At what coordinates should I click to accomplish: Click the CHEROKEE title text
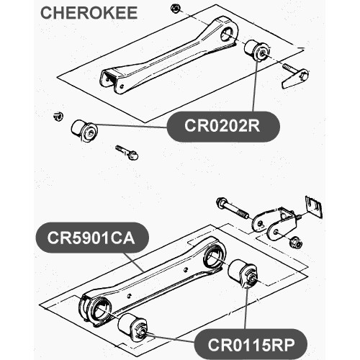pyautogui.click(x=89, y=13)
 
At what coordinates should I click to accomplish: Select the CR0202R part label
pyautogui.click(x=223, y=126)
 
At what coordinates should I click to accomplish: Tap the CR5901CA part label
pyautogui.click(x=92, y=238)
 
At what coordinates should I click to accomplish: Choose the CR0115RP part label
pyautogui.click(x=251, y=344)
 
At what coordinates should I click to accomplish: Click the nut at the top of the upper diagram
pyautogui.click(x=176, y=9)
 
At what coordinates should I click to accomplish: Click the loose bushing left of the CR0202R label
pyautogui.click(x=84, y=130)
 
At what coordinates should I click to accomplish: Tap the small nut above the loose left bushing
pyautogui.click(x=58, y=116)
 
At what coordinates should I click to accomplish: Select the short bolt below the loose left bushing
pyautogui.click(x=127, y=152)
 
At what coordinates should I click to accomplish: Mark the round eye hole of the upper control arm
pyautogui.click(x=228, y=35)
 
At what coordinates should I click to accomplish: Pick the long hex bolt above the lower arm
pyautogui.click(x=232, y=208)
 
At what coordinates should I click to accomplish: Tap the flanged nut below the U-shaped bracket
pyautogui.click(x=295, y=243)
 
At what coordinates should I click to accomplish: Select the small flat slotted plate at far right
pyautogui.click(x=314, y=207)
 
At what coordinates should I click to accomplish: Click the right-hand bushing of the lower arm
pyautogui.click(x=243, y=273)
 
